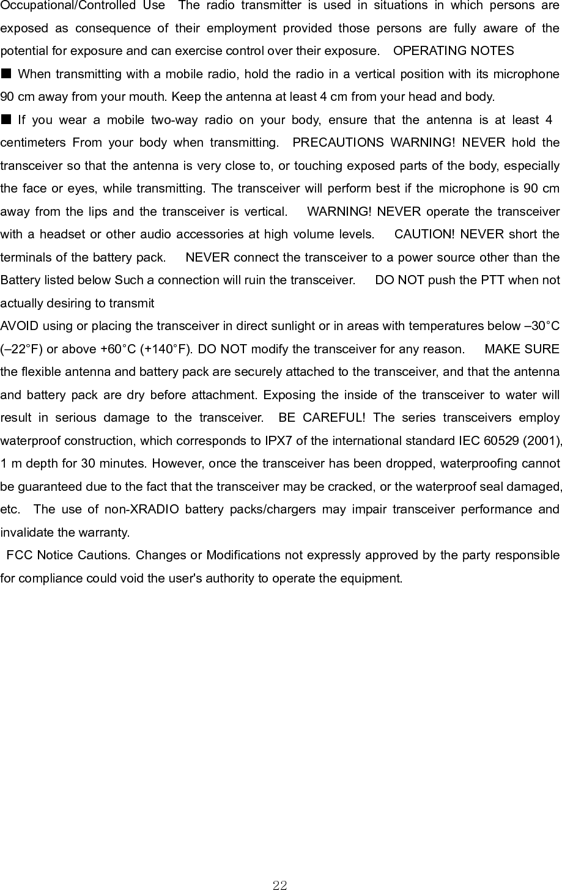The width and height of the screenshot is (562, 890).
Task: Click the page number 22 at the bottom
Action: (x=280, y=884)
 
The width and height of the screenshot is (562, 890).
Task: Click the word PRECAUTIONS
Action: (x=338, y=143)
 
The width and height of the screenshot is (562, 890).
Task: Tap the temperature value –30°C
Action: (x=539, y=326)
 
